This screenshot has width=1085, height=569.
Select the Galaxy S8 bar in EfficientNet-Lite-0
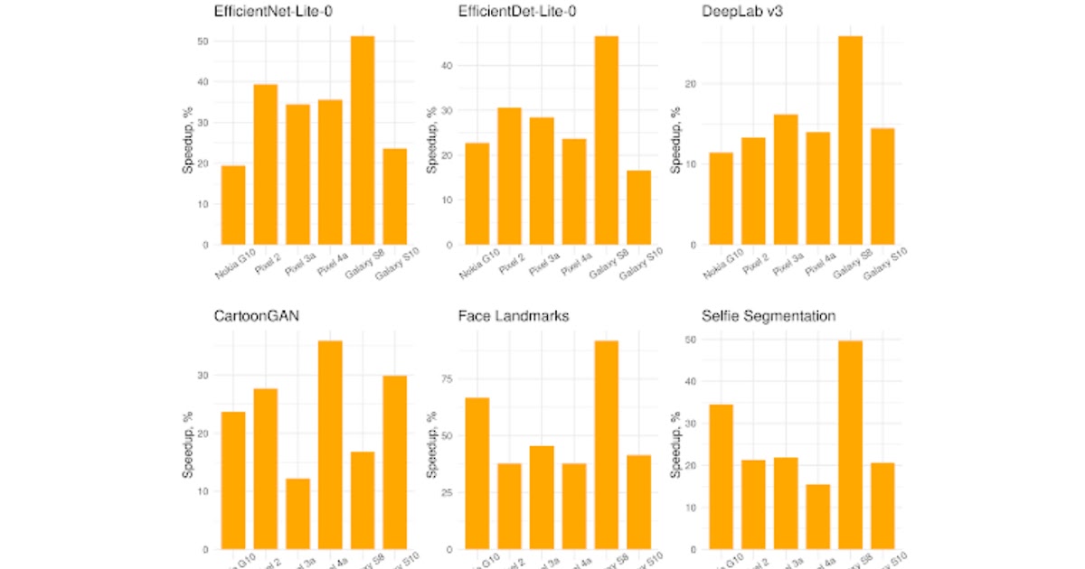(362, 140)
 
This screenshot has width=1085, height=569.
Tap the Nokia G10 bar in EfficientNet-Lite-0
(233, 205)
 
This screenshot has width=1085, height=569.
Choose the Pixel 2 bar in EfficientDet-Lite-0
(510, 176)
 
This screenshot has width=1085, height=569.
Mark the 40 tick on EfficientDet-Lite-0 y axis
(449, 66)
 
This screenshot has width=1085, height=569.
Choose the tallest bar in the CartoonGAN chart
(330, 444)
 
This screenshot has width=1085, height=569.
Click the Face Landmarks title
(513, 316)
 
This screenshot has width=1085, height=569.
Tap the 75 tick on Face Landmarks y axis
(445, 379)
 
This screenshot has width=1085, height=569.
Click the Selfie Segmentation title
(768, 316)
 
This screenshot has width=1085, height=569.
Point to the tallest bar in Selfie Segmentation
(850, 444)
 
